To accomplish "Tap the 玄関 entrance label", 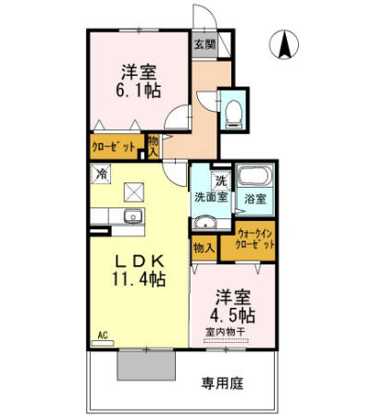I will [x=204, y=44].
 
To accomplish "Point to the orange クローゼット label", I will [x=112, y=146].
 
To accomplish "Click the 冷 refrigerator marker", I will [x=100, y=172].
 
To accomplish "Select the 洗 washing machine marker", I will [x=220, y=178].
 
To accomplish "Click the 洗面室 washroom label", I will [x=209, y=197].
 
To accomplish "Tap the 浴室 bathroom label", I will [x=254, y=197].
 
